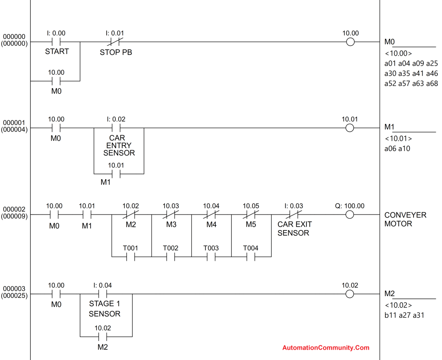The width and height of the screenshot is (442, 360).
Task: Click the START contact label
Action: pos(57,51)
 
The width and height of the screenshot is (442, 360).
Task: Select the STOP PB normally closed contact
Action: pos(116,42)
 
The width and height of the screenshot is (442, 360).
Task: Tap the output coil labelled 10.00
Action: pos(350,42)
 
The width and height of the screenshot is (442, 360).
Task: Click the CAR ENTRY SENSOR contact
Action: pos(116,128)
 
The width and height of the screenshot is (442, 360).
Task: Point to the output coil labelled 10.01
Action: pos(350,128)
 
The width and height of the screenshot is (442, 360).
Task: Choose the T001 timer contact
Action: pos(131,257)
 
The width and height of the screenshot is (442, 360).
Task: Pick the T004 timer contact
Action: pos(251,257)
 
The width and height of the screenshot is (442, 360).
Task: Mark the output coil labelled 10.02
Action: pos(350,294)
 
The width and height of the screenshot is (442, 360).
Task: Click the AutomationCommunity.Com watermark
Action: pos(326,347)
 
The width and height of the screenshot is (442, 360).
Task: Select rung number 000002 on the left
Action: pos(14,209)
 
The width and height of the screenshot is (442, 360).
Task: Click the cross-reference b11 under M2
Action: pos(390,315)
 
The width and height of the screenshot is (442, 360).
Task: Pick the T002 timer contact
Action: pos(171,257)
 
